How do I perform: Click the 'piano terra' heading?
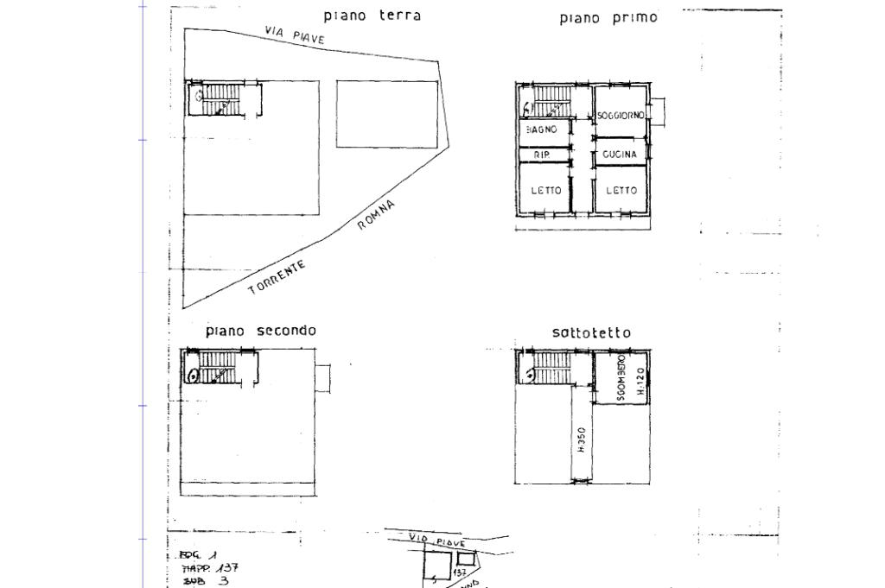pos(372,16)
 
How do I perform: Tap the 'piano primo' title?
pos(608,17)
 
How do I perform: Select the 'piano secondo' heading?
pos(260,331)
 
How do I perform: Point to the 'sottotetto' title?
pos(591,332)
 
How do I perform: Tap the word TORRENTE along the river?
pos(277,277)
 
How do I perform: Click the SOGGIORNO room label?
pos(621,116)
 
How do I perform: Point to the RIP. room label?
pos(542,155)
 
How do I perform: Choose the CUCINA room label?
pos(620,155)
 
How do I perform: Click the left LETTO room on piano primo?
pos(545,190)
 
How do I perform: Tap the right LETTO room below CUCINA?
pos(621,190)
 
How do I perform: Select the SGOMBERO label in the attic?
pos(622,382)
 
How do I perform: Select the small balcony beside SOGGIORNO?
pos(659,111)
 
